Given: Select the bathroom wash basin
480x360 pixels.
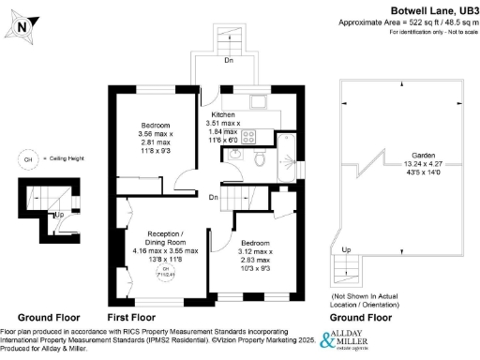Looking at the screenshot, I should [234, 155].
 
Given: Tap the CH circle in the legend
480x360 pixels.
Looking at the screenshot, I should [27, 161].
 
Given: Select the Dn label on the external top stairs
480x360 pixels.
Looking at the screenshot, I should [228, 60].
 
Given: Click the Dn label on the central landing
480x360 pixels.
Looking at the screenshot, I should [215, 197].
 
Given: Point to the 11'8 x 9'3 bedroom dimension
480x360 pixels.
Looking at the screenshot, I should [155, 151].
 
